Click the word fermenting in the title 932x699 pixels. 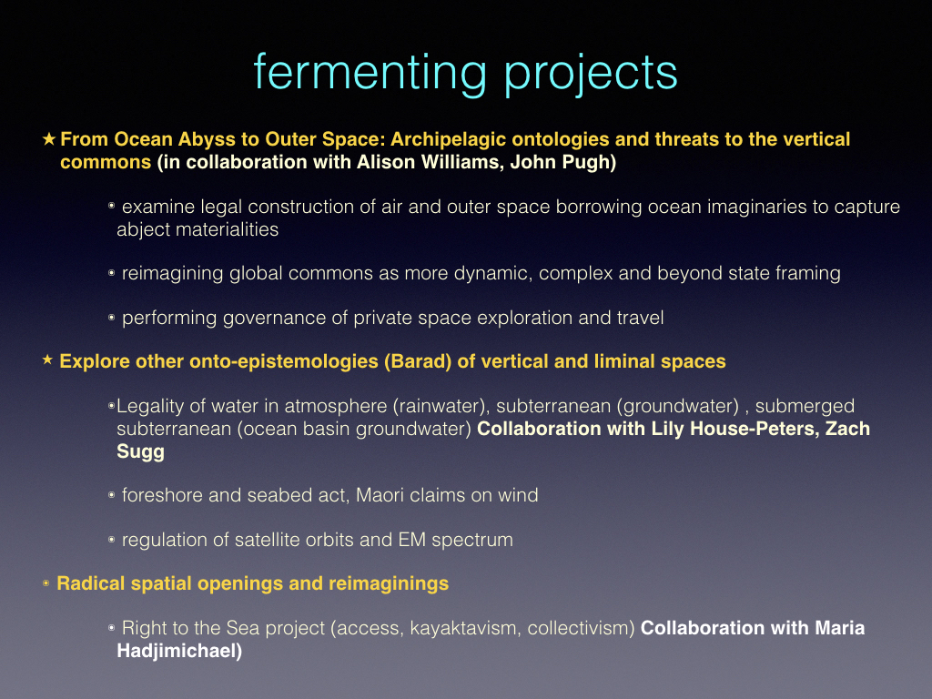point(370,73)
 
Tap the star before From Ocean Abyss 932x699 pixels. point(49,139)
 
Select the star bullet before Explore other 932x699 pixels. point(48,360)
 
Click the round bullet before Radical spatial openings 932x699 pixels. point(46,583)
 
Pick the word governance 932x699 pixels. point(274,319)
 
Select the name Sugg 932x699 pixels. point(140,451)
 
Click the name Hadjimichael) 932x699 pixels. point(179,651)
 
